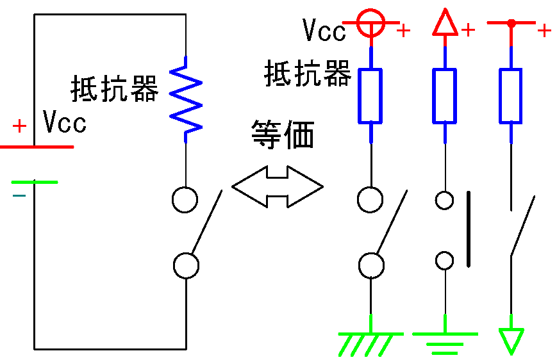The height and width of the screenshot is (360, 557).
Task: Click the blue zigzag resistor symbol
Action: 185,98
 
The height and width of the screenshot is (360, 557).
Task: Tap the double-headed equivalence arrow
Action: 277,187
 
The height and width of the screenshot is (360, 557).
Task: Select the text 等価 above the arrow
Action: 282,136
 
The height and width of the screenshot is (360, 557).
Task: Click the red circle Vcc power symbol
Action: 370,23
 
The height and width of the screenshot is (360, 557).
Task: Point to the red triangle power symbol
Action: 445,24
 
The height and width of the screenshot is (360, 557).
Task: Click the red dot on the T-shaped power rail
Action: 511,23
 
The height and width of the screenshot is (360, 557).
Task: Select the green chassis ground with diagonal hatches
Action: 370,343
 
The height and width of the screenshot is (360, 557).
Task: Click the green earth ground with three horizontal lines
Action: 445,343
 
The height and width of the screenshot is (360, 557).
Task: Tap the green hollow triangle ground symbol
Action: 511,340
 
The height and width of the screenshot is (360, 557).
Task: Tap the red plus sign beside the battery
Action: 20,126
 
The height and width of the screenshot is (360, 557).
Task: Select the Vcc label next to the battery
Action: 64,122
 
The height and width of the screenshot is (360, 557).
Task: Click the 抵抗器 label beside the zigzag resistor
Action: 114,89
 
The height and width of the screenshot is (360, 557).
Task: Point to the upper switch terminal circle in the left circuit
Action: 185,199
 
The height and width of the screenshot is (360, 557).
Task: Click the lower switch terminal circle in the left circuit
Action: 186,265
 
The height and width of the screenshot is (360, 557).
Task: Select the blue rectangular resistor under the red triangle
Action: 445,95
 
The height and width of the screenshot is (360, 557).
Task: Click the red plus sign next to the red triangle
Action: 469,30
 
